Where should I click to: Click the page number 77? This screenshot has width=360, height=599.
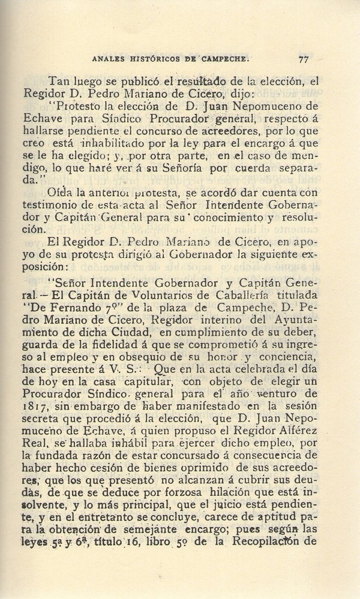(x=302, y=59)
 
